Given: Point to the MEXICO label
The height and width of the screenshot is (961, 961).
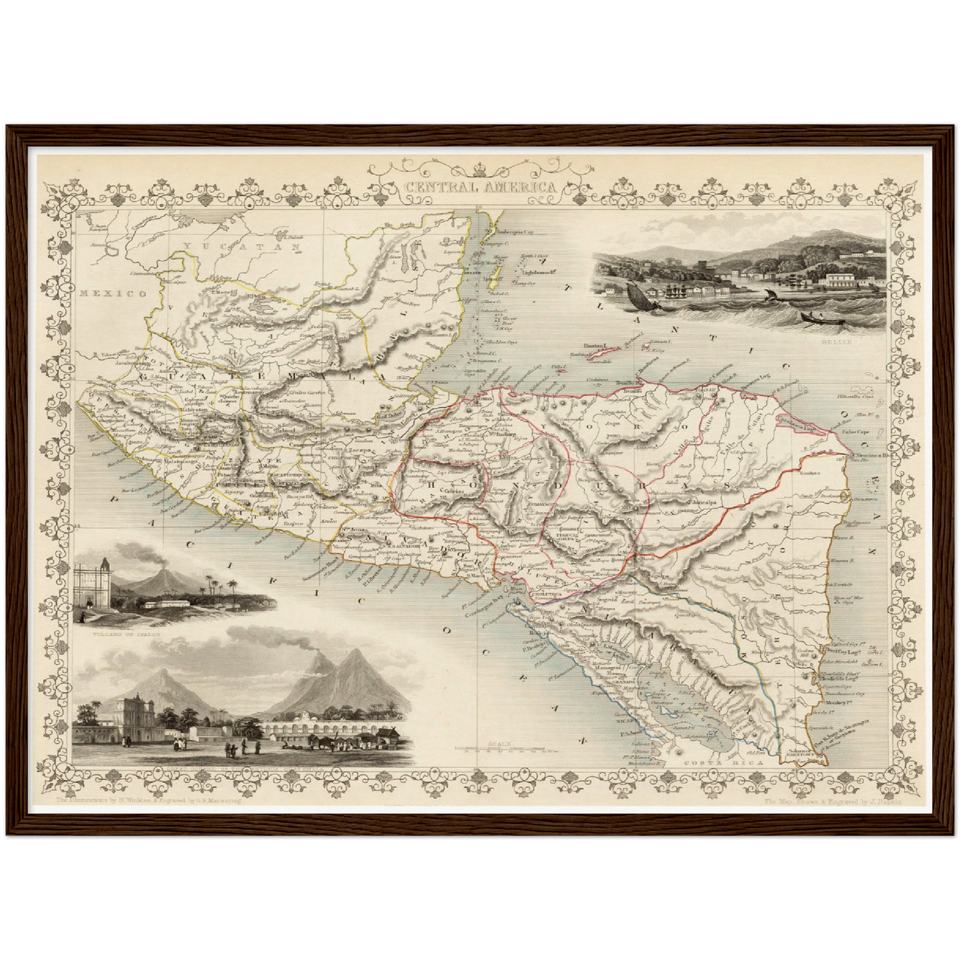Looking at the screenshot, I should [x=111, y=293].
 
